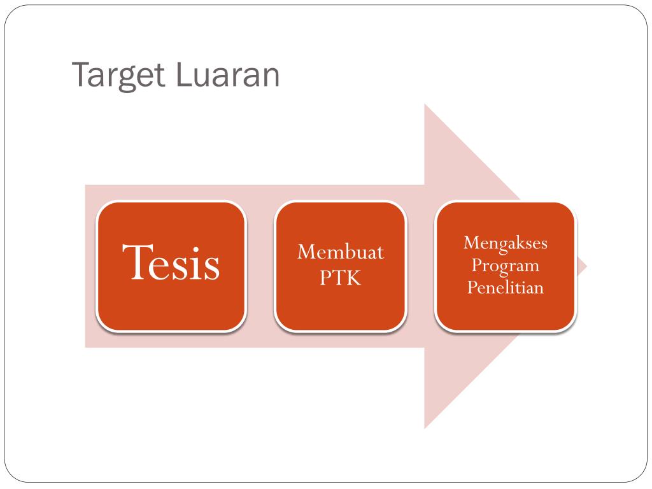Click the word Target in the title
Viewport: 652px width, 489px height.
tap(118, 75)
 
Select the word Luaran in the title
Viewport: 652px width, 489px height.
tap(226, 74)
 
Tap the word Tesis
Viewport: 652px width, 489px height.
tap(171, 263)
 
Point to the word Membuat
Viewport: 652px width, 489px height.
tap(341, 252)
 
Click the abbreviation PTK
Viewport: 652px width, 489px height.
tap(341, 278)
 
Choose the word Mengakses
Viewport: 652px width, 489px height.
tap(506, 243)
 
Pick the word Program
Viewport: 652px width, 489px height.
tap(506, 266)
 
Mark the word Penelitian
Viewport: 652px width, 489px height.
tap(506, 287)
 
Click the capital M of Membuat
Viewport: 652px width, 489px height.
tap(306, 252)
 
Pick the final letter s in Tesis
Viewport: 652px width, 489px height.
tap(213, 267)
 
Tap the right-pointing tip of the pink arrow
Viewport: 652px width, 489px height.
tap(585, 266)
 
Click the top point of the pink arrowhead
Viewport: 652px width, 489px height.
tap(426, 106)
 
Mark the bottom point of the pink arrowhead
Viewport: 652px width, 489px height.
tap(426, 427)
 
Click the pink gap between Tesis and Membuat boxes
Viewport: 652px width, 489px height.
tap(260, 266)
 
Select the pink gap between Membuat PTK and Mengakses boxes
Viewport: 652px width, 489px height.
tap(421, 266)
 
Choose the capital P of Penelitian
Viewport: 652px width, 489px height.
tap(472, 287)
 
